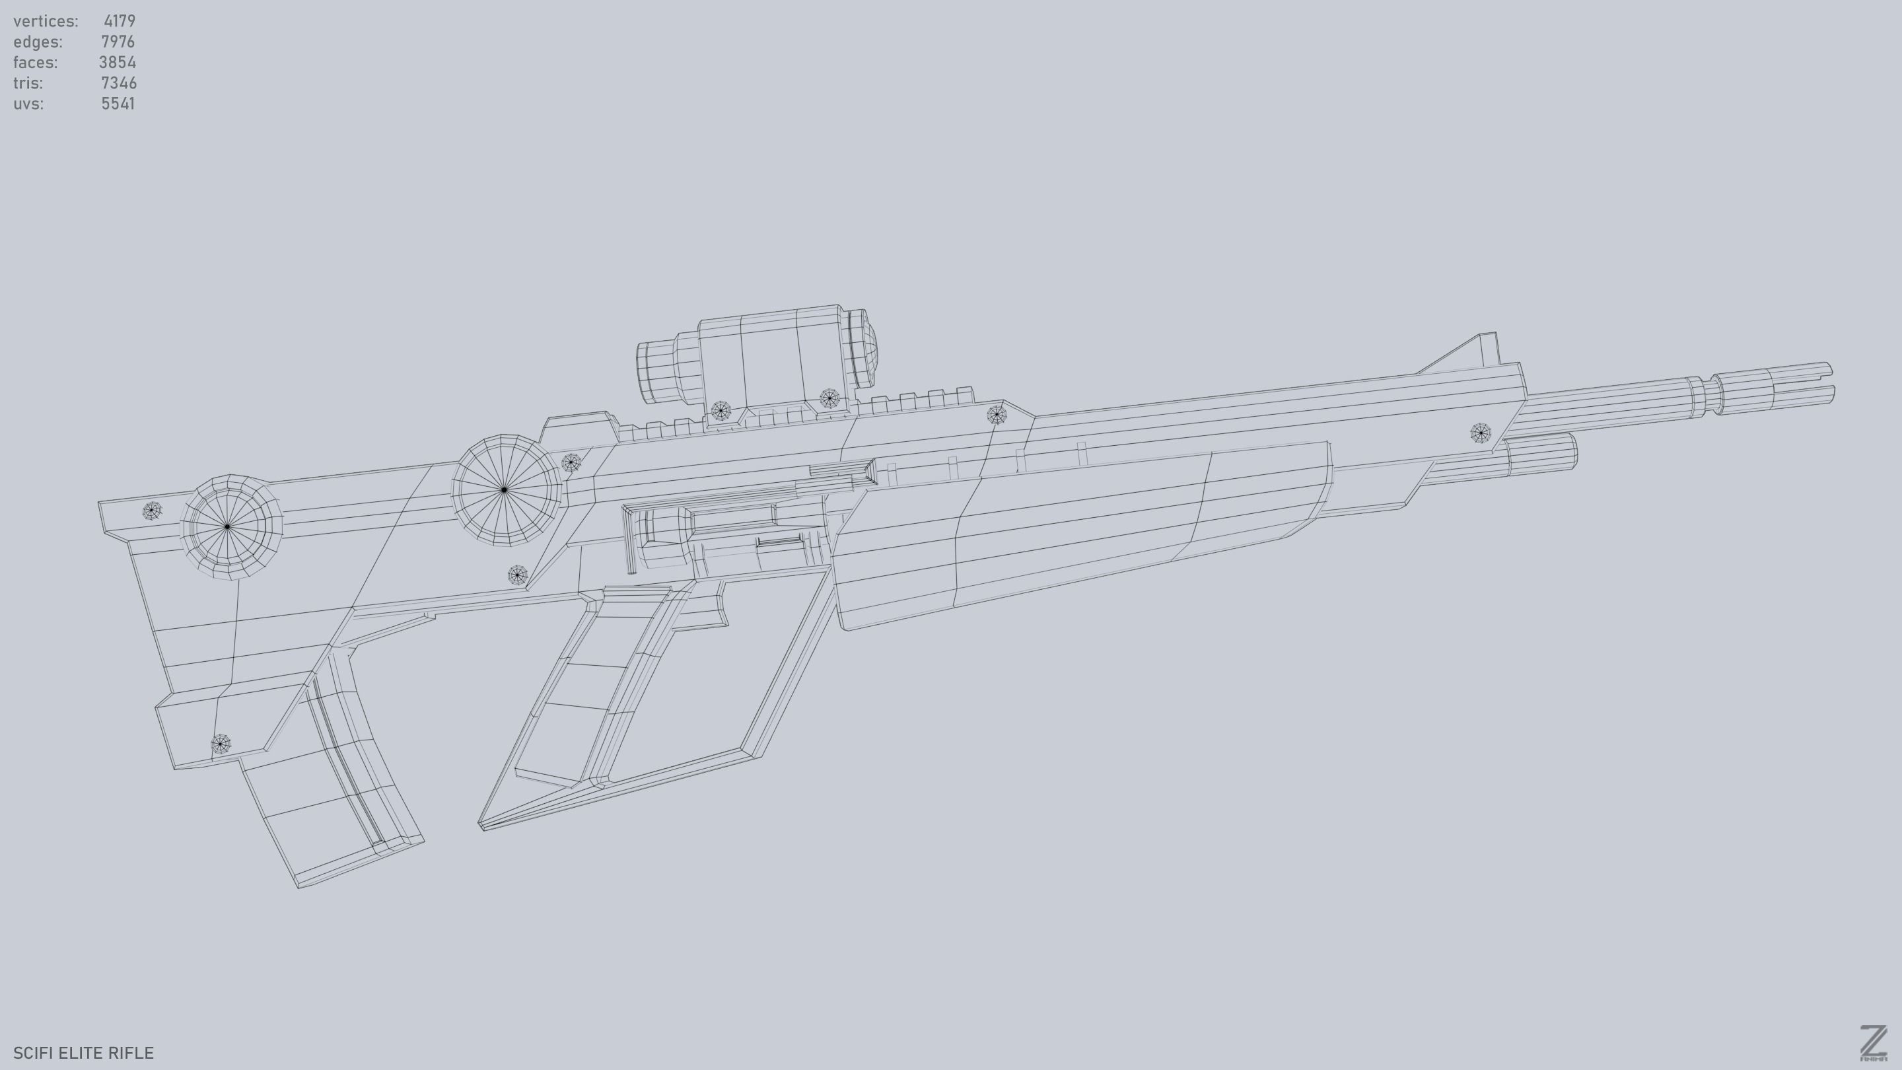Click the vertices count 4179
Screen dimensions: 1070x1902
click(119, 20)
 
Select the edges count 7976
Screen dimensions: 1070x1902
click(118, 42)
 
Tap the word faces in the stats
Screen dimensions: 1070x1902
click(35, 62)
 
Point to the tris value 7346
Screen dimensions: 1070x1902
click(118, 83)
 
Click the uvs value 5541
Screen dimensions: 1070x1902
click(118, 104)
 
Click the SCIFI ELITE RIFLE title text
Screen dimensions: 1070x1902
click(83, 1052)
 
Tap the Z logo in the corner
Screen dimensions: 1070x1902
click(1872, 1043)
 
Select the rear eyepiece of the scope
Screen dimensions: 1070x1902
click(653, 371)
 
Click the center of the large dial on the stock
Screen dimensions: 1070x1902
click(227, 526)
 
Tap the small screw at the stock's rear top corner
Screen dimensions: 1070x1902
click(152, 511)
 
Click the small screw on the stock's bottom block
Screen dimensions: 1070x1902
click(221, 744)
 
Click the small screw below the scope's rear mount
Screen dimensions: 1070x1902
click(721, 411)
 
